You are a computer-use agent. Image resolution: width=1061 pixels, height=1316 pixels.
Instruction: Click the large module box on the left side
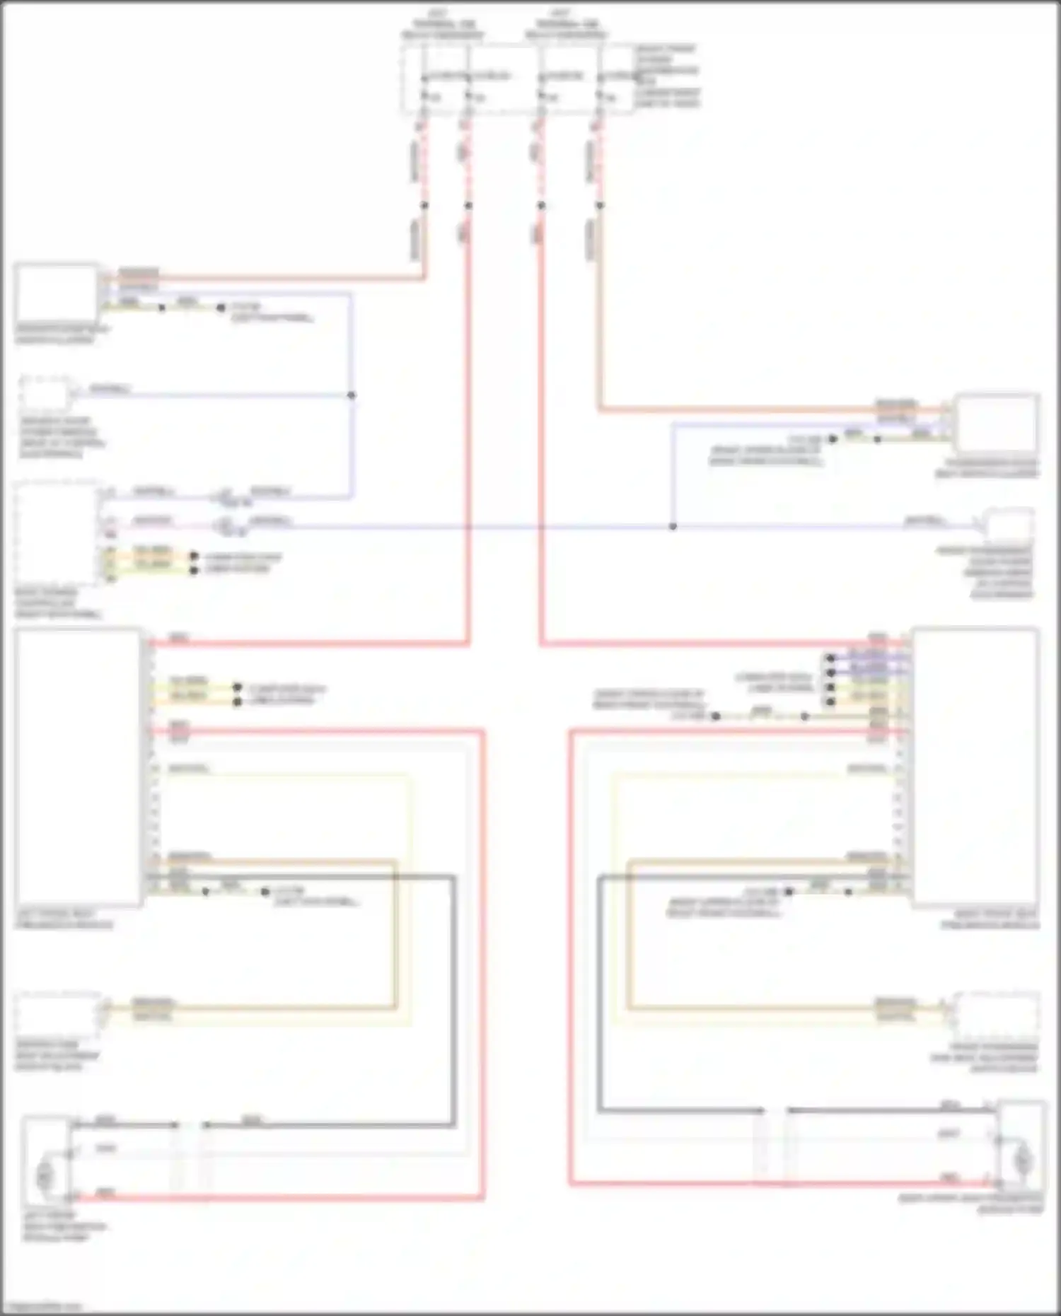(x=78, y=767)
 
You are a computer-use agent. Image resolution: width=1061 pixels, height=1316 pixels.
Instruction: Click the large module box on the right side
(x=976, y=767)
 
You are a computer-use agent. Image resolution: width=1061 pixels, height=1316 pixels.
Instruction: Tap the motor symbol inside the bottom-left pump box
(x=45, y=1176)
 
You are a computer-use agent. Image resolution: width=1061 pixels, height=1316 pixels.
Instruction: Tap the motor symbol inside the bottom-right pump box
(x=1022, y=1160)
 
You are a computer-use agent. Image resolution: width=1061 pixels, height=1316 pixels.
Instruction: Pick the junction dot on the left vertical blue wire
(x=352, y=395)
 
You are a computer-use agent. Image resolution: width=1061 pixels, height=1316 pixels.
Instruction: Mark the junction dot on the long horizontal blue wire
(x=673, y=527)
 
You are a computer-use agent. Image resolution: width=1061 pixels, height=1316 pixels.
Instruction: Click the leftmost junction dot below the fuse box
(x=424, y=206)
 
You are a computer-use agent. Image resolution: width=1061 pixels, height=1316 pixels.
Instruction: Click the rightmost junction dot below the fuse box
(x=599, y=206)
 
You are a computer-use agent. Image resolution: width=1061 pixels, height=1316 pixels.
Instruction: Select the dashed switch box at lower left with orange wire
(x=58, y=1013)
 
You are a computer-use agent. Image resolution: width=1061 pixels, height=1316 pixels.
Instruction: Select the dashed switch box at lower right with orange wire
(x=996, y=1013)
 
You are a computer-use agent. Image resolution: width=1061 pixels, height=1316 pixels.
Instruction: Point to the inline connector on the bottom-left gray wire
(x=190, y=1125)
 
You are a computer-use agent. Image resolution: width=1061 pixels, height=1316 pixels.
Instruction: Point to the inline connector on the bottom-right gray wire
(x=775, y=1111)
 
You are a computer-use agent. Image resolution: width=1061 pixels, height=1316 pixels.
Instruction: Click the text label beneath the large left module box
(x=64, y=919)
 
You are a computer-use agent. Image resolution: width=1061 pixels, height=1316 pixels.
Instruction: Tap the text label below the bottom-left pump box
(x=64, y=1226)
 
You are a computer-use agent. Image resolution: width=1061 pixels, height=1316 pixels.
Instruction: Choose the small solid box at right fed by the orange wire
(x=996, y=423)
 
